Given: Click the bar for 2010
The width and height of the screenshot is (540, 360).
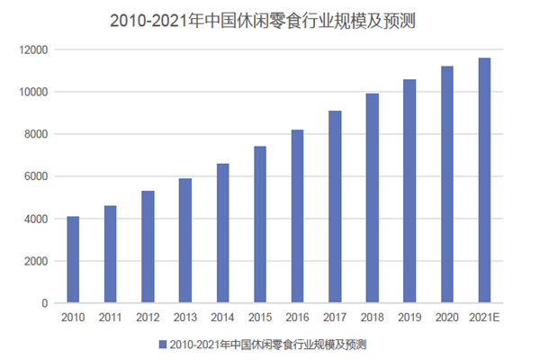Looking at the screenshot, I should [73, 260].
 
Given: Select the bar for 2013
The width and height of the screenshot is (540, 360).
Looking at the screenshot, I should [185, 241].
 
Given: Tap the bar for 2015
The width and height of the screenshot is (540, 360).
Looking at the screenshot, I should [260, 225].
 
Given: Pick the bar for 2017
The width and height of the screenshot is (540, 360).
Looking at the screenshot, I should [335, 207].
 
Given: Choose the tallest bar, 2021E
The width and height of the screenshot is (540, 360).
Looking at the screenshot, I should [484, 181].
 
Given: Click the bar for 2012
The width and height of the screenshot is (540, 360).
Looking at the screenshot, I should [148, 247].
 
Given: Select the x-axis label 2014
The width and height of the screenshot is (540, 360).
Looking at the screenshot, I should [222, 317].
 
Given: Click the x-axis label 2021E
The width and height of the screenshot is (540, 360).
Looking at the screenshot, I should [484, 317].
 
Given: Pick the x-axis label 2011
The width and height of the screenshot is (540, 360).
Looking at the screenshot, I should [110, 317].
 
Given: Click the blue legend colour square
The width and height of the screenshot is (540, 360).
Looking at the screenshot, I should [163, 344].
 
